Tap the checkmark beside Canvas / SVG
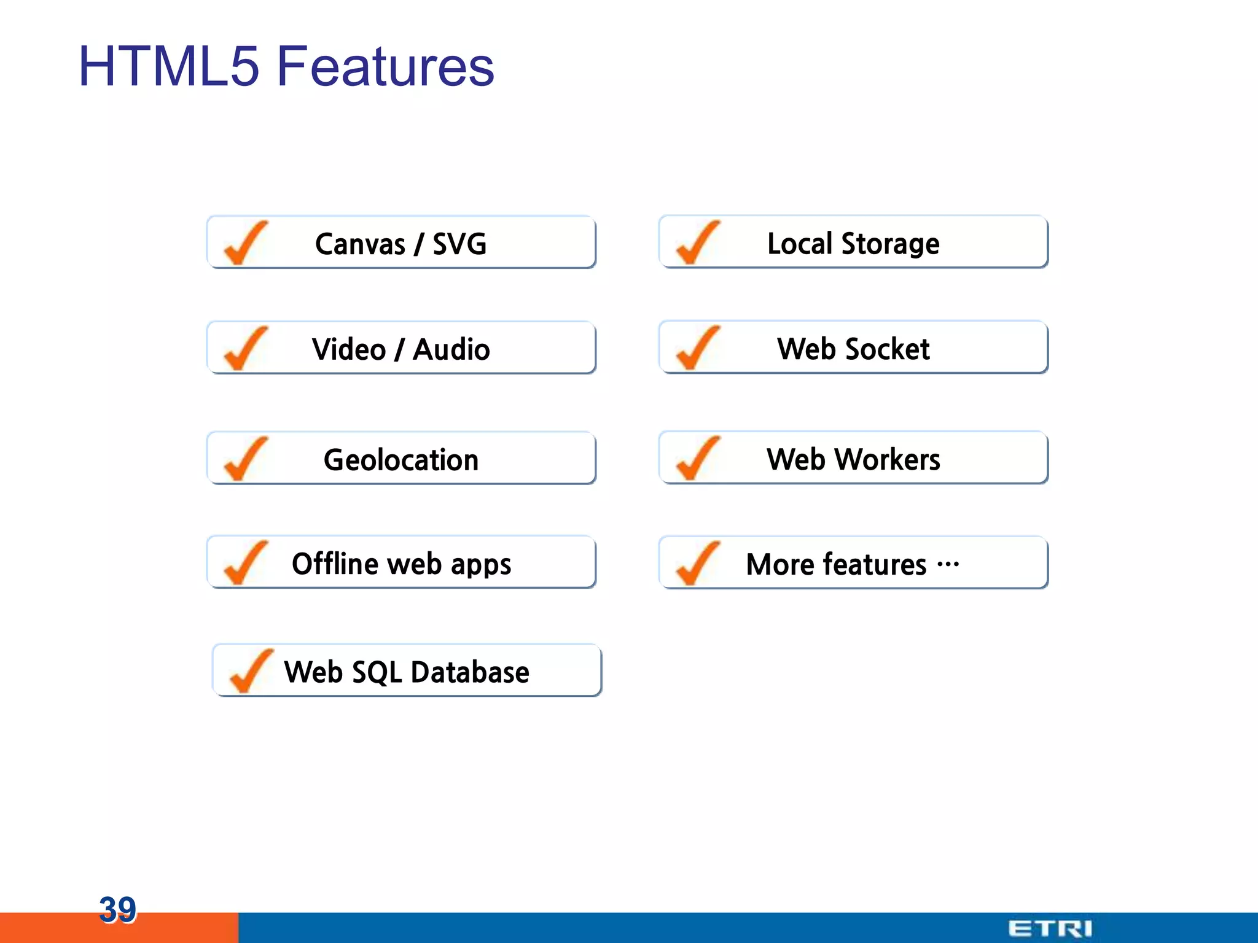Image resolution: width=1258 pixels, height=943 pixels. (x=245, y=243)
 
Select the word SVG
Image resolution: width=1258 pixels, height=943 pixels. (x=459, y=244)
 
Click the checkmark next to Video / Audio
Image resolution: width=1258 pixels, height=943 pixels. (x=245, y=349)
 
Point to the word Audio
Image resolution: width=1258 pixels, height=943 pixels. (x=451, y=349)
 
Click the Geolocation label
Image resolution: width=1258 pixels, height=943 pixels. (x=400, y=460)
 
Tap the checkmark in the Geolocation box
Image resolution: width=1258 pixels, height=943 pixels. (x=245, y=459)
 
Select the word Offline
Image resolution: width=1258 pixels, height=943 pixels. (x=335, y=564)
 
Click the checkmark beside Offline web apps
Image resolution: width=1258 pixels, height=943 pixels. (x=245, y=563)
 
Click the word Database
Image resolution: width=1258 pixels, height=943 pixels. (x=470, y=672)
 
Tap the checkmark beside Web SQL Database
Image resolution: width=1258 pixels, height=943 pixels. (x=251, y=671)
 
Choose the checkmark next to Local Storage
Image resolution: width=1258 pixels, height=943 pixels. (x=697, y=243)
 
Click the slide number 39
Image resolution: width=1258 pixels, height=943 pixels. (x=117, y=909)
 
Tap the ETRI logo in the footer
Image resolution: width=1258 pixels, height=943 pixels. (x=1050, y=928)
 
